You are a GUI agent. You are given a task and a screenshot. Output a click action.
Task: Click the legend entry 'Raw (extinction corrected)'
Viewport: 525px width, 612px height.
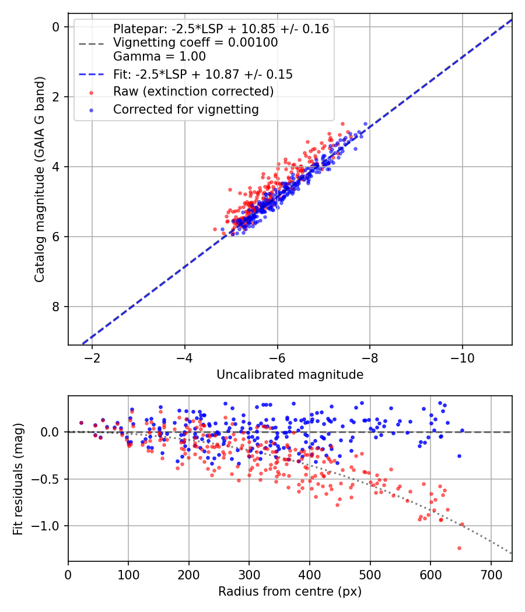tap(193, 92)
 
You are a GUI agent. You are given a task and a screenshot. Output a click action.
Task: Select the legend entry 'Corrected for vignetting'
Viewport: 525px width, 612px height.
tap(185, 109)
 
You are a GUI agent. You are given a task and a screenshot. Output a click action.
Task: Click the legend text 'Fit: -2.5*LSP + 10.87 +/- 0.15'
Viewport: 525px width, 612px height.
tap(202, 74)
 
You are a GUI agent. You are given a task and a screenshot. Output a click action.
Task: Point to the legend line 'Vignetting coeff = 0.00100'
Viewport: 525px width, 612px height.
tap(195, 43)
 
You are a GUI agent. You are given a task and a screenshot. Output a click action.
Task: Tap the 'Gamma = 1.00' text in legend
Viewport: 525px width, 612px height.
tap(159, 57)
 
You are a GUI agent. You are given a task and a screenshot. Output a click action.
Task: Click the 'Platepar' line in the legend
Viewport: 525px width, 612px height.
tap(220, 29)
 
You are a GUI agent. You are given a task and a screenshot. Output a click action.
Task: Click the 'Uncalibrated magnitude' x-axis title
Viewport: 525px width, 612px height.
tap(290, 375)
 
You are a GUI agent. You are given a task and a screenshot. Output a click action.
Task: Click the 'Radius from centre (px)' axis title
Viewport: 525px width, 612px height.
tap(290, 592)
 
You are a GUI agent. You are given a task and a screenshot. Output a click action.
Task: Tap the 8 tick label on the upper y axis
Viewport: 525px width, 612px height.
tap(56, 307)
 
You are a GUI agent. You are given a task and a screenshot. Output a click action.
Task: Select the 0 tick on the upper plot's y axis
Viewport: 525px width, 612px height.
tap(56, 27)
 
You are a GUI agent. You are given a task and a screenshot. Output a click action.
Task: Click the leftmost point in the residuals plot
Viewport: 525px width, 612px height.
tap(81, 423)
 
